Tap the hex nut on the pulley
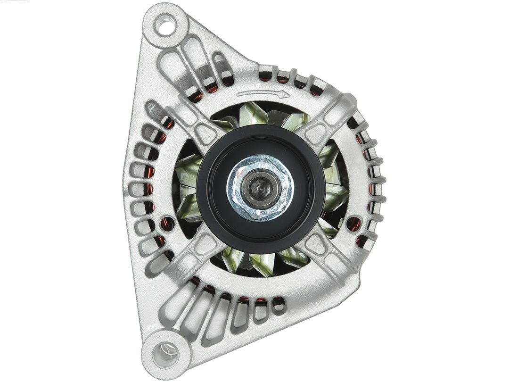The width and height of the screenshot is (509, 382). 260,187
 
